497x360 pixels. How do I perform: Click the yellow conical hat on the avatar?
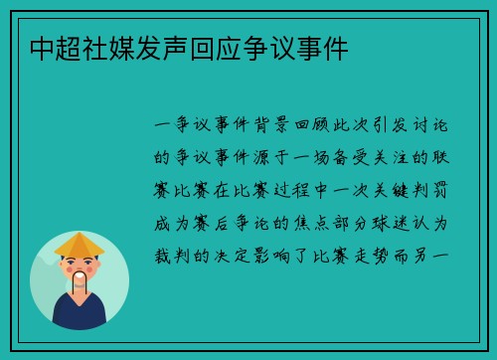(x=80, y=243)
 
